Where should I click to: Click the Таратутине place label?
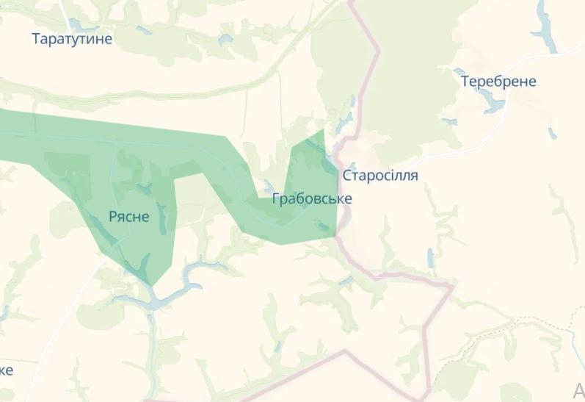tap(73, 38)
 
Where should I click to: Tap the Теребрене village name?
tap(498, 81)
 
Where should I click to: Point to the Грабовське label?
tap(312, 198)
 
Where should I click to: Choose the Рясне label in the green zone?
tap(129, 216)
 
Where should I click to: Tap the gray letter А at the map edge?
tap(578, 389)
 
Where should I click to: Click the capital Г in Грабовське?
tap(276, 198)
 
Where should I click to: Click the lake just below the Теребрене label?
tap(494, 105)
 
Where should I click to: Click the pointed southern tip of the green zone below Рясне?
tap(150, 284)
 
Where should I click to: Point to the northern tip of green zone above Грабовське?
tap(322, 131)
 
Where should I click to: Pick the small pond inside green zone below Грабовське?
tap(321, 225)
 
